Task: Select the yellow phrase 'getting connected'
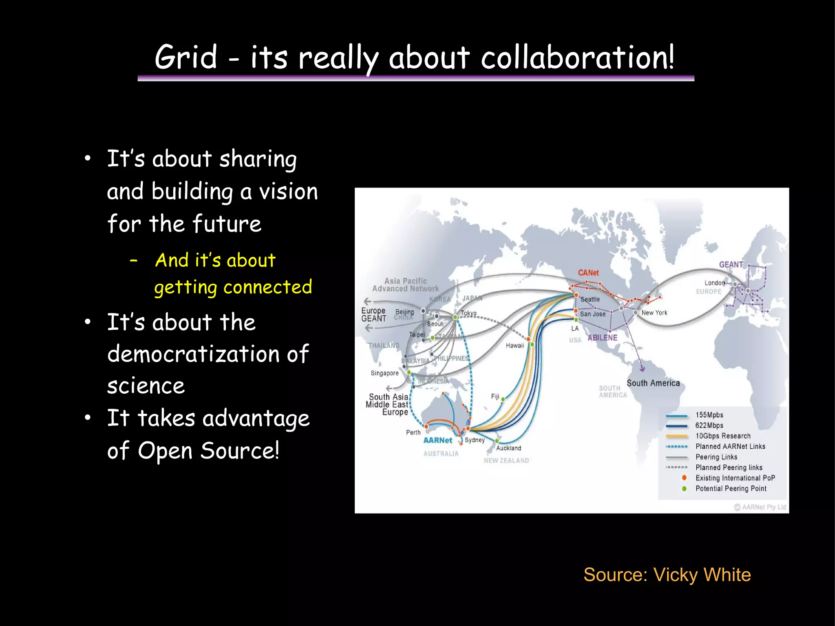[233, 287]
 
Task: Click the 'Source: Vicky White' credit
[667, 575]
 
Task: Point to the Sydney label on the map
[475, 440]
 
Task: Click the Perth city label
[413, 432]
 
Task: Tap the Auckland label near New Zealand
[508, 448]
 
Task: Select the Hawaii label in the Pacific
[515, 346]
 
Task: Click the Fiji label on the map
[495, 397]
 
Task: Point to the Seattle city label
[590, 300]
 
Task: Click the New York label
[654, 313]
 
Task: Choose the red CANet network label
[588, 273]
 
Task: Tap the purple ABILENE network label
[602, 338]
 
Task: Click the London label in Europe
[714, 283]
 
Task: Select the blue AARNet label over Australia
[437, 441]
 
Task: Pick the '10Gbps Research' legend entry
[722, 436]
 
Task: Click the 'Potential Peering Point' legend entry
[731, 489]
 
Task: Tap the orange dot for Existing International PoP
[684, 478]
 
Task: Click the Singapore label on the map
[384, 373]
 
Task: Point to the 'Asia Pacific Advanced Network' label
[405, 285]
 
